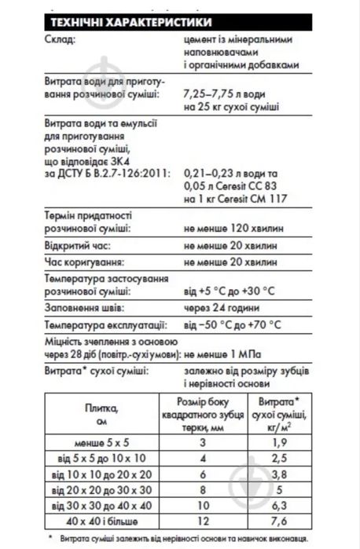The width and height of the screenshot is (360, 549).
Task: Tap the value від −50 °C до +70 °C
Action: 233,324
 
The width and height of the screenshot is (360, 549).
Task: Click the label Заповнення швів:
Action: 81,308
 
